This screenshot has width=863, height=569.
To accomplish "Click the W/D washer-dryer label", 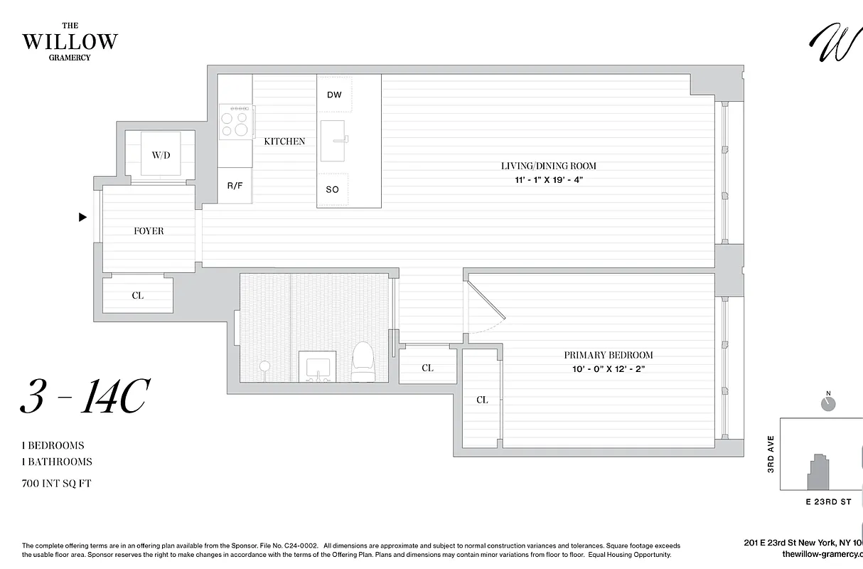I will [161, 154].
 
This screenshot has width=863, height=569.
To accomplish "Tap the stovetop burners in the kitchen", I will [236, 121].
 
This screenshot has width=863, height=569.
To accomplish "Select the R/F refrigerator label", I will [235, 186].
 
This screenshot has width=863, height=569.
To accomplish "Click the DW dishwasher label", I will [334, 95].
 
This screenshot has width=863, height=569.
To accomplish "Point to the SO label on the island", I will [333, 190].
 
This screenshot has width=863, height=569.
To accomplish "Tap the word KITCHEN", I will [284, 142].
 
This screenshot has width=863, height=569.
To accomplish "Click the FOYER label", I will [149, 231].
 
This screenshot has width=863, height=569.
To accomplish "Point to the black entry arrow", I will [82, 218].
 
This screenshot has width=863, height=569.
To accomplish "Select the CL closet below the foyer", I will [138, 295].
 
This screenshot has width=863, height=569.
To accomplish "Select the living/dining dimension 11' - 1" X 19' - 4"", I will [548, 180].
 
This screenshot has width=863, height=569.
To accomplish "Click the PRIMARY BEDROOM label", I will [608, 355].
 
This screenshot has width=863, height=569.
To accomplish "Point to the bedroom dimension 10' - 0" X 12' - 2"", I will [608, 369].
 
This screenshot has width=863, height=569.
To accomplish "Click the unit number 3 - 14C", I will [83, 399].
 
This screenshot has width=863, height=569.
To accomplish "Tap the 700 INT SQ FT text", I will [57, 484].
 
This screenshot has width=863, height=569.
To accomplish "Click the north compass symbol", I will [827, 403].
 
